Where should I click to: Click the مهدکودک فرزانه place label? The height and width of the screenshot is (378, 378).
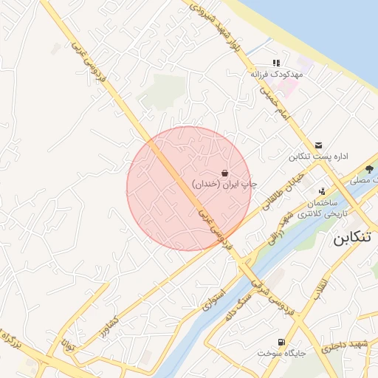click(276, 75)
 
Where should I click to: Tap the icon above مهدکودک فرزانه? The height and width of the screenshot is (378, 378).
click(276, 63)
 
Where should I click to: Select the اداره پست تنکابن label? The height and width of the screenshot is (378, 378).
click(318, 157)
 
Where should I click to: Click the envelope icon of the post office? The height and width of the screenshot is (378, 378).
click(318, 145)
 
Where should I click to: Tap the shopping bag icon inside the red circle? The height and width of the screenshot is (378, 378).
click(225, 172)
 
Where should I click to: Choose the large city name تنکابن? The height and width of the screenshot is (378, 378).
click(354, 239)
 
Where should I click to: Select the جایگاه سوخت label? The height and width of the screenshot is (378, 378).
click(281, 353)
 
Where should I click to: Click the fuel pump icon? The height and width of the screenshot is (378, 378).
click(281, 342)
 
